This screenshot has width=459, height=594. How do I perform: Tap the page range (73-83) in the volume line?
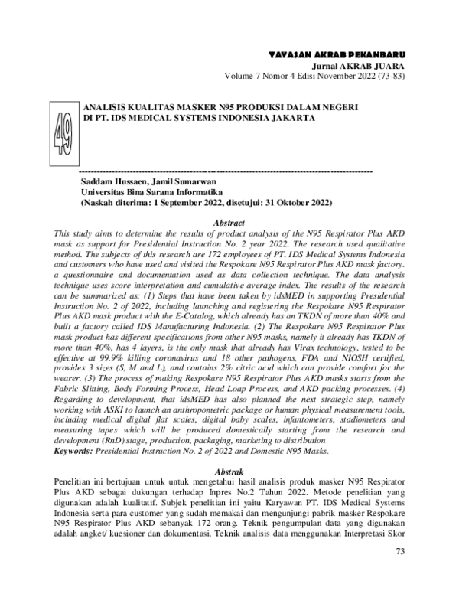click(387, 77)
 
